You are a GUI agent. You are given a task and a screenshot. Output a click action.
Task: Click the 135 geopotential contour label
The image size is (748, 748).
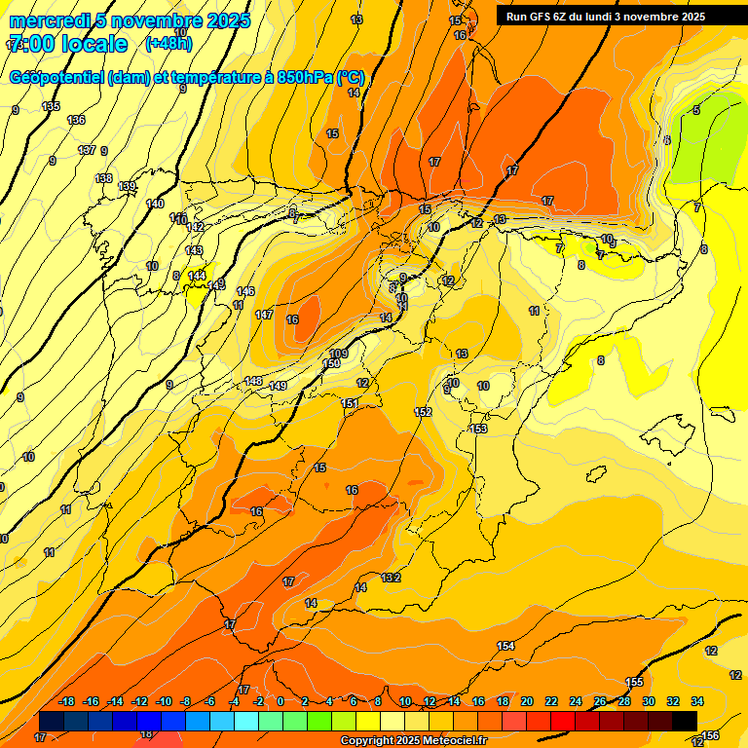[x=51, y=106]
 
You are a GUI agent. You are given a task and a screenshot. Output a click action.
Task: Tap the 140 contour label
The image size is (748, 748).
[x=155, y=204]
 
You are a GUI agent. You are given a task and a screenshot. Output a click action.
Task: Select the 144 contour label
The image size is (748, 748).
[x=197, y=277]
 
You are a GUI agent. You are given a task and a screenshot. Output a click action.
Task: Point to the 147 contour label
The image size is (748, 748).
[x=264, y=315]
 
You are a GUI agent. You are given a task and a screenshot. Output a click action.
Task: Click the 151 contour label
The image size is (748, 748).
[x=350, y=403]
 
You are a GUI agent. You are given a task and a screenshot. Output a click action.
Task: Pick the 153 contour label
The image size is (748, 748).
[x=478, y=429]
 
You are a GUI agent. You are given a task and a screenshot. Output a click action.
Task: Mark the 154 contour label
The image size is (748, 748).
[x=505, y=646]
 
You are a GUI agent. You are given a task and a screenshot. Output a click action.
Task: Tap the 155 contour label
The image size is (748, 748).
[x=634, y=682]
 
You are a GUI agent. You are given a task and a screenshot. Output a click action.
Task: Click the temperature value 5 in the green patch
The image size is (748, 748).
[x=695, y=110]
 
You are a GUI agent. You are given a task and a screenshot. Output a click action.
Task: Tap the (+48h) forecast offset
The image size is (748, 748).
[x=168, y=44]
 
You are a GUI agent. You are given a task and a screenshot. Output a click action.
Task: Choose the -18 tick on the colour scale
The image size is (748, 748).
[x=66, y=701]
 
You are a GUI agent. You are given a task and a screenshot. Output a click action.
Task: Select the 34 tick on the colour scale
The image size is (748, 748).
[x=696, y=701]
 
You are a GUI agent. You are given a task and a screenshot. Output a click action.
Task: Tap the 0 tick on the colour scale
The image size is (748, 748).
[x=280, y=701]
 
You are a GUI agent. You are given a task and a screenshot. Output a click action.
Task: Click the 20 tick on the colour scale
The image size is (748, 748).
[x=527, y=701]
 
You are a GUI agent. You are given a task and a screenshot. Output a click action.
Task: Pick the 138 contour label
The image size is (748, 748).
[x=103, y=178]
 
